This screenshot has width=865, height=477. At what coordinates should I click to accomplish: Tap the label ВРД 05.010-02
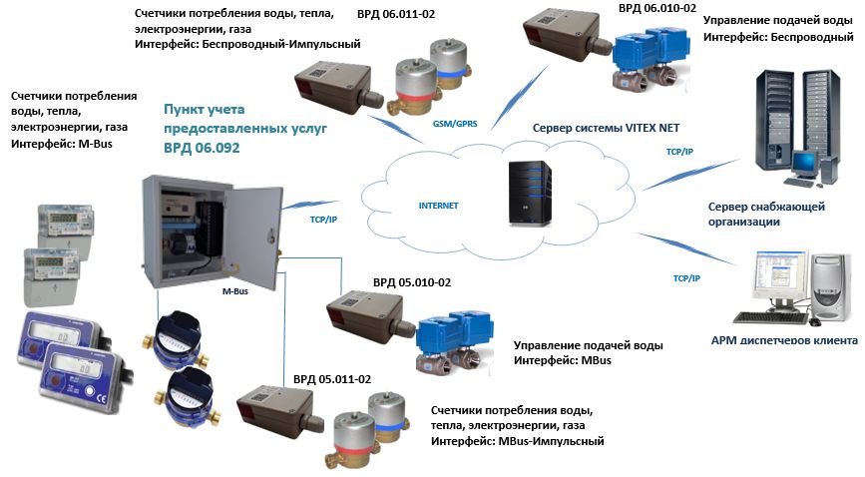[411, 283]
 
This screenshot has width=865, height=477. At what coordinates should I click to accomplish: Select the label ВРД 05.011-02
[332, 380]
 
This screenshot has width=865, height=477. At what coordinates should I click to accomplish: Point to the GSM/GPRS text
[455, 123]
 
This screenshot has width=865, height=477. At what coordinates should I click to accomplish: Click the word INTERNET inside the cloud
[438, 206]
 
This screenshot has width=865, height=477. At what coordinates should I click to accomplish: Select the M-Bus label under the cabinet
[235, 293]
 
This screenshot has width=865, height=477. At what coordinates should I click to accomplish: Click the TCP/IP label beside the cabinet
[298, 212]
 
